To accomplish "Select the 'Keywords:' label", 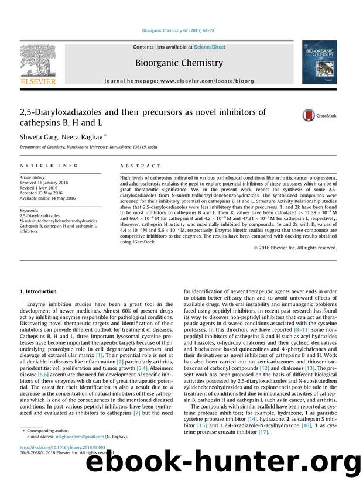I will [x=29, y=210].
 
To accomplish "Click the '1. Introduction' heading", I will [x=39, y=291].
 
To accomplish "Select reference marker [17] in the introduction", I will [x=263, y=432].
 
